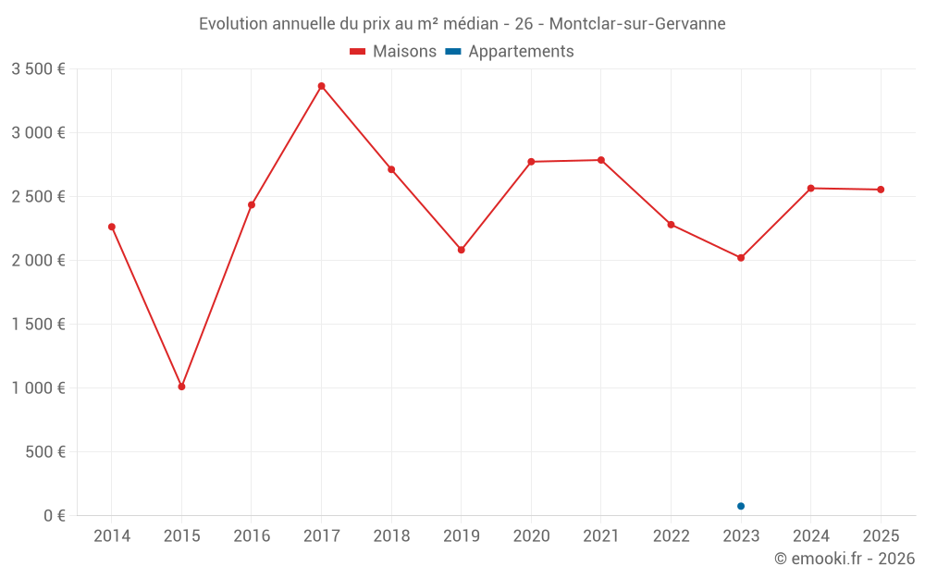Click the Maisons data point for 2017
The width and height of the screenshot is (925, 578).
[x=321, y=86]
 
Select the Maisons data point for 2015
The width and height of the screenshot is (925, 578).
[x=181, y=387]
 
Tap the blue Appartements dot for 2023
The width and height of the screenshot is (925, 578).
[x=741, y=506]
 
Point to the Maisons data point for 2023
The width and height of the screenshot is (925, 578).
[x=741, y=258]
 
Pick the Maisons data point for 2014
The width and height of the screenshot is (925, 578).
[x=112, y=227]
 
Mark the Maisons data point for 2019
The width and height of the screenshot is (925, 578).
[x=461, y=250]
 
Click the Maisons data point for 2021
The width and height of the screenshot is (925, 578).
[x=601, y=160]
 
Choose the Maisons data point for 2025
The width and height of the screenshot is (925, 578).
[x=881, y=190]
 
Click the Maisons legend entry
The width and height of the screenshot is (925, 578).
[x=393, y=52]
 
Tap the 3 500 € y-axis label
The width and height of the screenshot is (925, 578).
[x=38, y=69]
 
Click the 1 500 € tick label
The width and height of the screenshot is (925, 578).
[x=38, y=325]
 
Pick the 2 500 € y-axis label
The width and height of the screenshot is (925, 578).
[x=38, y=197]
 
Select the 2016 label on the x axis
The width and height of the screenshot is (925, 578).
[x=252, y=536]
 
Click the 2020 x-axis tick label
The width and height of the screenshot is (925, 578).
[x=531, y=536]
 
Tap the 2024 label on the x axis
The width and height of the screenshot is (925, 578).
[x=810, y=536]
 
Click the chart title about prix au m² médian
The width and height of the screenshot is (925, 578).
[x=462, y=23]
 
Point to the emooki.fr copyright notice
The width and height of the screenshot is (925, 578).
[x=844, y=559]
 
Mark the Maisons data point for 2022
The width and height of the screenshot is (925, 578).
[x=671, y=225]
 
